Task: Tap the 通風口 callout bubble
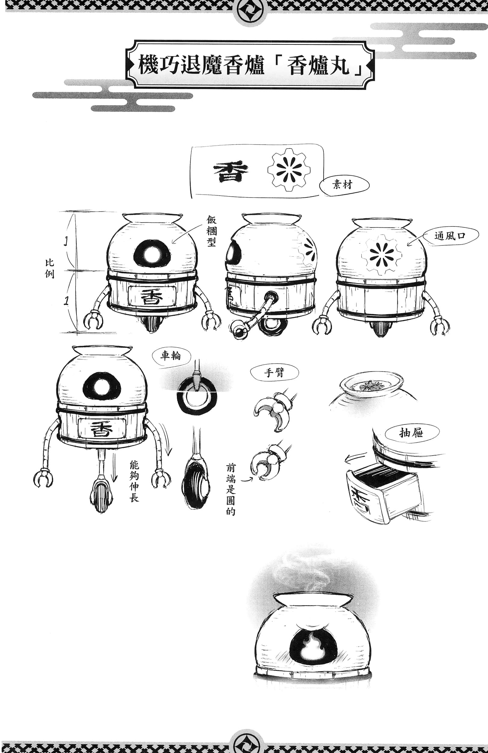pyautogui.click(x=450, y=236)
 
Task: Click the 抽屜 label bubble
pyautogui.click(x=411, y=433)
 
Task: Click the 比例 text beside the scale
pyautogui.click(x=50, y=269)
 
